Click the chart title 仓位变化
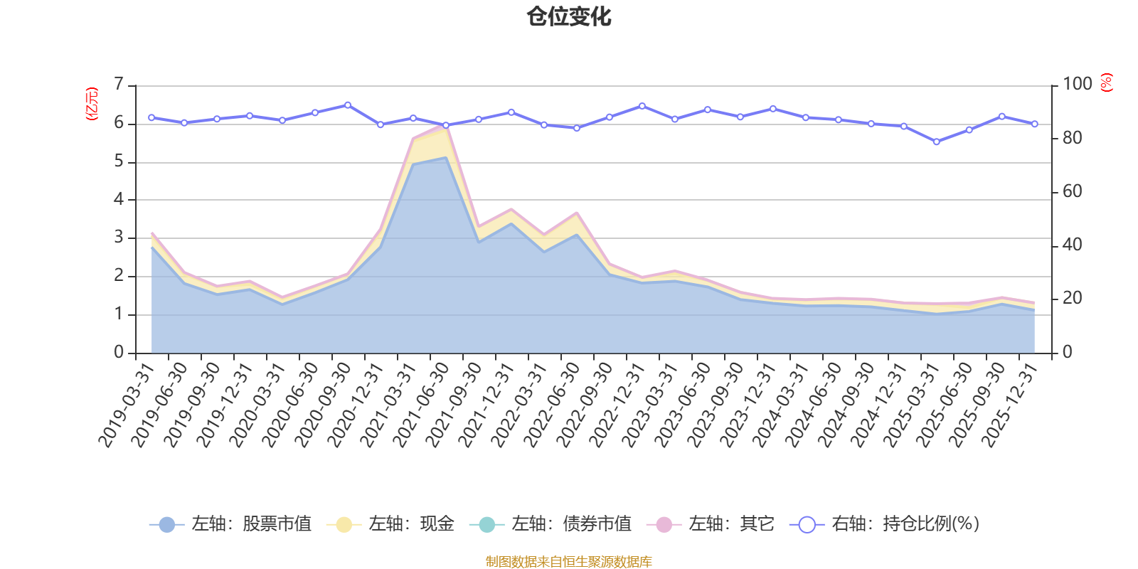(x=568, y=17)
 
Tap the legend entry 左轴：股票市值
(x=230, y=523)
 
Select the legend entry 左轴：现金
(x=390, y=523)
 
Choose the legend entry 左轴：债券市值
(x=551, y=523)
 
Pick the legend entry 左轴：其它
(x=711, y=523)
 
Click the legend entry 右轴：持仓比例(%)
(x=885, y=523)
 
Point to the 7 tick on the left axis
(x=119, y=84)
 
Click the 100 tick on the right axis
(x=1078, y=84)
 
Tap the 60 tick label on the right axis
(x=1073, y=191)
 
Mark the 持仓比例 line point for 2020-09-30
(x=348, y=105)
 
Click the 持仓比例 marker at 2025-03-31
(x=937, y=142)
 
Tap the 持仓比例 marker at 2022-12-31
(x=642, y=106)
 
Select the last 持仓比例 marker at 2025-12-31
(x=1035, y=124)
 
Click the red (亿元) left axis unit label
(x=92, y=104)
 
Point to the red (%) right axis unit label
(x=1107, y=83)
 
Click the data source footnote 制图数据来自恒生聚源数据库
(x=568, y=561)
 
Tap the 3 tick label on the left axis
(x=119, y=238)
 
